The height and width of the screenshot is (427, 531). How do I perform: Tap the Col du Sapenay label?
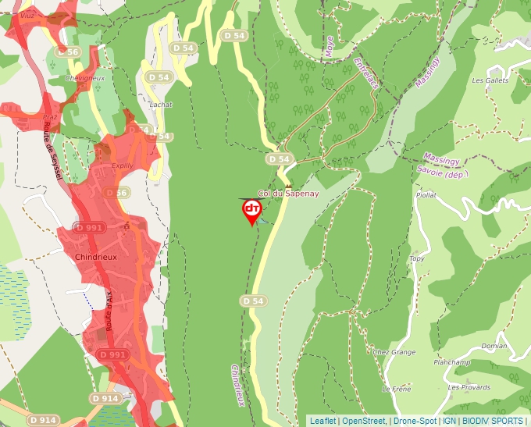(x=289, y=193)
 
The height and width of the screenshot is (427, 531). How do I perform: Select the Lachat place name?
(x=160, y=104)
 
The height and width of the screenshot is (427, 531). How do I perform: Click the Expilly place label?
(x=123, y=166)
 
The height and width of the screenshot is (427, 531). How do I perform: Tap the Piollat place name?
(x=426, y=195)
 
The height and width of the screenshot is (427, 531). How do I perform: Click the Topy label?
(x=416, y=258)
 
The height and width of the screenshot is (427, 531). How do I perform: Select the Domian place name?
(x=494, y=346)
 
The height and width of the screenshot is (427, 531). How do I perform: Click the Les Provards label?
(x=469, y=387)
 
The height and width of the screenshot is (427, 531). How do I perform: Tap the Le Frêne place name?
(x=396, y=389)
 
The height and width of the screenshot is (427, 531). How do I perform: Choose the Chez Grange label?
(x=394, y=352)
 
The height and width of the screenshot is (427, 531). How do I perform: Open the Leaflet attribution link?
(x=323, y=421)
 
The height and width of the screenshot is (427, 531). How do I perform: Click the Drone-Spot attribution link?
(x=415, y=421)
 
